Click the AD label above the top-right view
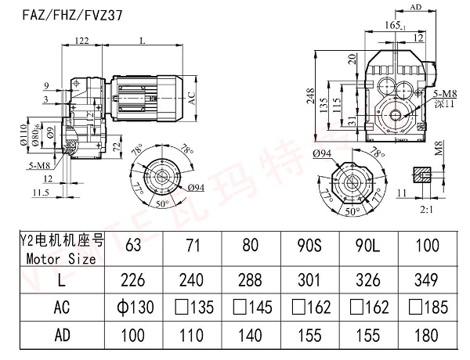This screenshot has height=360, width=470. (x=416, y=7)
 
